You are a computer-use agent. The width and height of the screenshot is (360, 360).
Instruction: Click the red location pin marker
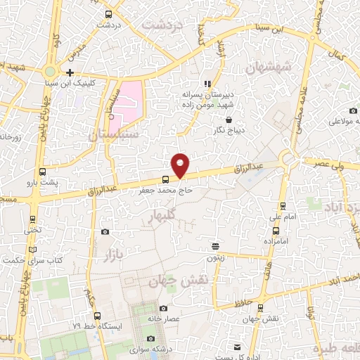pos(181,164)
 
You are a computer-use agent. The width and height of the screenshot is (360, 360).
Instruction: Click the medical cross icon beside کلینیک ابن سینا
pos(70,72)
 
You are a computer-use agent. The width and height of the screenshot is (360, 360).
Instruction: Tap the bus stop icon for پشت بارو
pos(43,171)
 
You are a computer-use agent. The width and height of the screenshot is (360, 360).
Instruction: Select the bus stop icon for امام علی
pos(283,207)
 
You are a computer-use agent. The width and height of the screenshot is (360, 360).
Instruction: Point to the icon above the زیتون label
pos(216,246)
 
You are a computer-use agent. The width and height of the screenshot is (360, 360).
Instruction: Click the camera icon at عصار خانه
pos(163,308)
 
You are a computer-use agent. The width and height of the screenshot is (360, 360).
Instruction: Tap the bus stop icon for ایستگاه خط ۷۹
pos(97,316)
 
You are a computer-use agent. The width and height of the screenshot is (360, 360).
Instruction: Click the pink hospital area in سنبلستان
pos(129,100)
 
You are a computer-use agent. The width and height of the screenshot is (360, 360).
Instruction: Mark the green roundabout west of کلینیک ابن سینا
pos(51,72)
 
